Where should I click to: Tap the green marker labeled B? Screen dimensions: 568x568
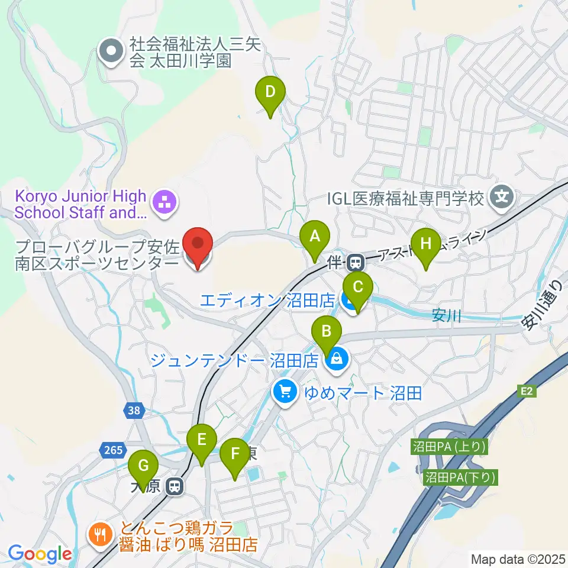click(327, 335)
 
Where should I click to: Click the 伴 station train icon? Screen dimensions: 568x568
click(356, 260)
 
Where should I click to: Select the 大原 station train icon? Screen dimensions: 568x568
click(175, 486)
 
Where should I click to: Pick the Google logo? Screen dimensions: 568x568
click(40, 553)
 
